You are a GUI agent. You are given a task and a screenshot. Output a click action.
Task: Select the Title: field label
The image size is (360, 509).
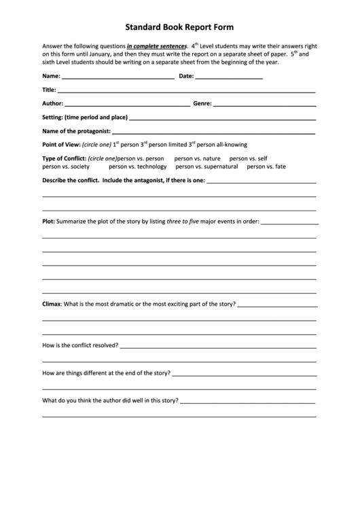[x=50, y=90]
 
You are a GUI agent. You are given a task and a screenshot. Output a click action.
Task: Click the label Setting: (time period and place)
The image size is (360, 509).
[x=84, y=118]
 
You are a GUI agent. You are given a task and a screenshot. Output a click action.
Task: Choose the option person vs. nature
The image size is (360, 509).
[x=197, y=158]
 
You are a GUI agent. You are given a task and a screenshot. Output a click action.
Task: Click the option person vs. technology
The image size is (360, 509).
[x=137, y=166]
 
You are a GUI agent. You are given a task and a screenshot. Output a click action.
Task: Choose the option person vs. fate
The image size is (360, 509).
[x=266, y=166]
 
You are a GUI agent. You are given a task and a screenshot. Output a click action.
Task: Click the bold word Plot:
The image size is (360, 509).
[x=48, y=221]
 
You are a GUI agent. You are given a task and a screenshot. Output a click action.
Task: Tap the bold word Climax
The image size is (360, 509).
[x=52, y=303]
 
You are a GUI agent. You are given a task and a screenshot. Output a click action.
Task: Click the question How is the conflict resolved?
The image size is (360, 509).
[x=80, y=345]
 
